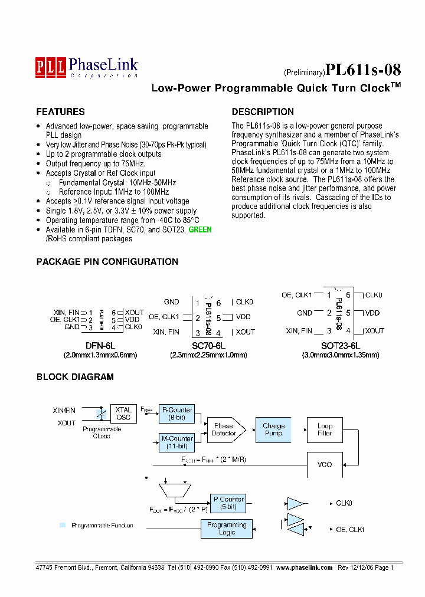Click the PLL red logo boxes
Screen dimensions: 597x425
[50, 66]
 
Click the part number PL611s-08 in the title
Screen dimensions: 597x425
[363, 70]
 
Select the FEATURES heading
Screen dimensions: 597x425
[60, 111]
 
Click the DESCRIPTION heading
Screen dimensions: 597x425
[262, 111]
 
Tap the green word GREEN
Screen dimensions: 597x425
[200, 229]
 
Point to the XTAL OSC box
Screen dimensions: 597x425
[123, 414]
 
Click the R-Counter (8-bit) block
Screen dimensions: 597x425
[176, 414]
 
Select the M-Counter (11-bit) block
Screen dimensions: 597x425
[176, 442]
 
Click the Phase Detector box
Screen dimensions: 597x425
[224, 429]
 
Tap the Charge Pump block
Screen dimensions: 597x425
[273, 429]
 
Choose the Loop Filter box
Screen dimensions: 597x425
[325, 429]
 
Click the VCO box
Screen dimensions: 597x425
[325, 465]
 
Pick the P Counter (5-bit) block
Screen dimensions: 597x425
[228, 503]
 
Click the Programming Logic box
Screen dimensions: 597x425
[227, 529]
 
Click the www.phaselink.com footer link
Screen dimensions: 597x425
[304, 568]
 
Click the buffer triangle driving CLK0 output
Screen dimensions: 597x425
[295, 503]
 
